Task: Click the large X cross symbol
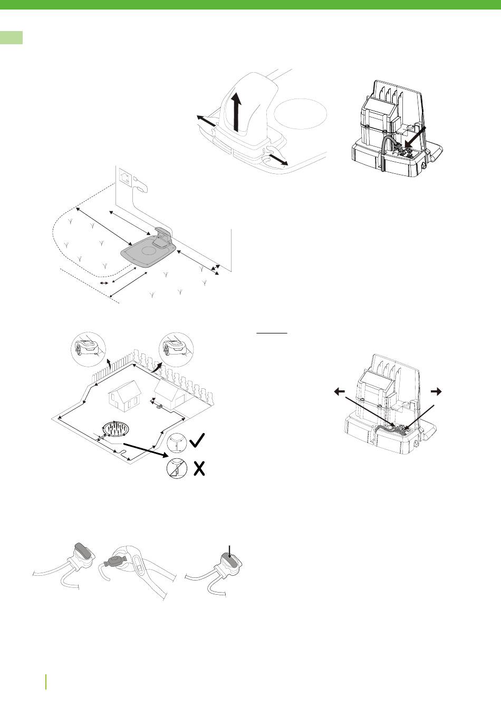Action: point(198,468)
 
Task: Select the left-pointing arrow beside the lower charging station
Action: point(340,391)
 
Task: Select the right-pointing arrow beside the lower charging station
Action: point(436,391)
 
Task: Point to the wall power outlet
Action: point(126,174)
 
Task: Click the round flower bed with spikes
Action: point(117,429)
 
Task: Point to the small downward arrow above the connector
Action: point(229,551)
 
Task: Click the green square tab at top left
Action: point(11,37)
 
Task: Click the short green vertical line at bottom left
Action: point(46,681)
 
